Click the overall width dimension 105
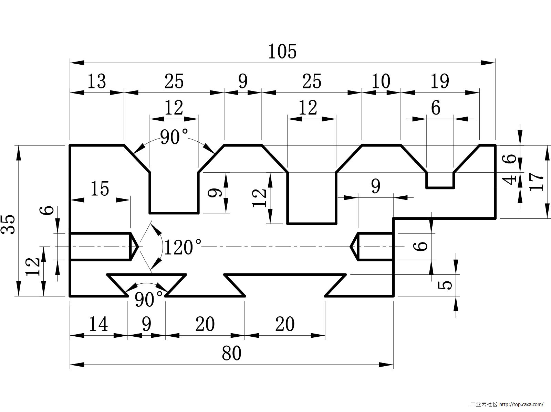tap(282, 52)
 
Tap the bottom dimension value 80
tap(231, 353)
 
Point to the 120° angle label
tap(183, 247)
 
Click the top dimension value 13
tap(96, 82)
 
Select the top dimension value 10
tap(381, 82)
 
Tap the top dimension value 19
tap(440, 82)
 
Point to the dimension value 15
tap(100, 189)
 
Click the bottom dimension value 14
tap(98, 324)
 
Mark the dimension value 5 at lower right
tap(447, 285)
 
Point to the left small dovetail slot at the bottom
tap(147, 282)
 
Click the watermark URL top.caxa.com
tap(521, 404)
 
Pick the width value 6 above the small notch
tap(436, 108)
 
